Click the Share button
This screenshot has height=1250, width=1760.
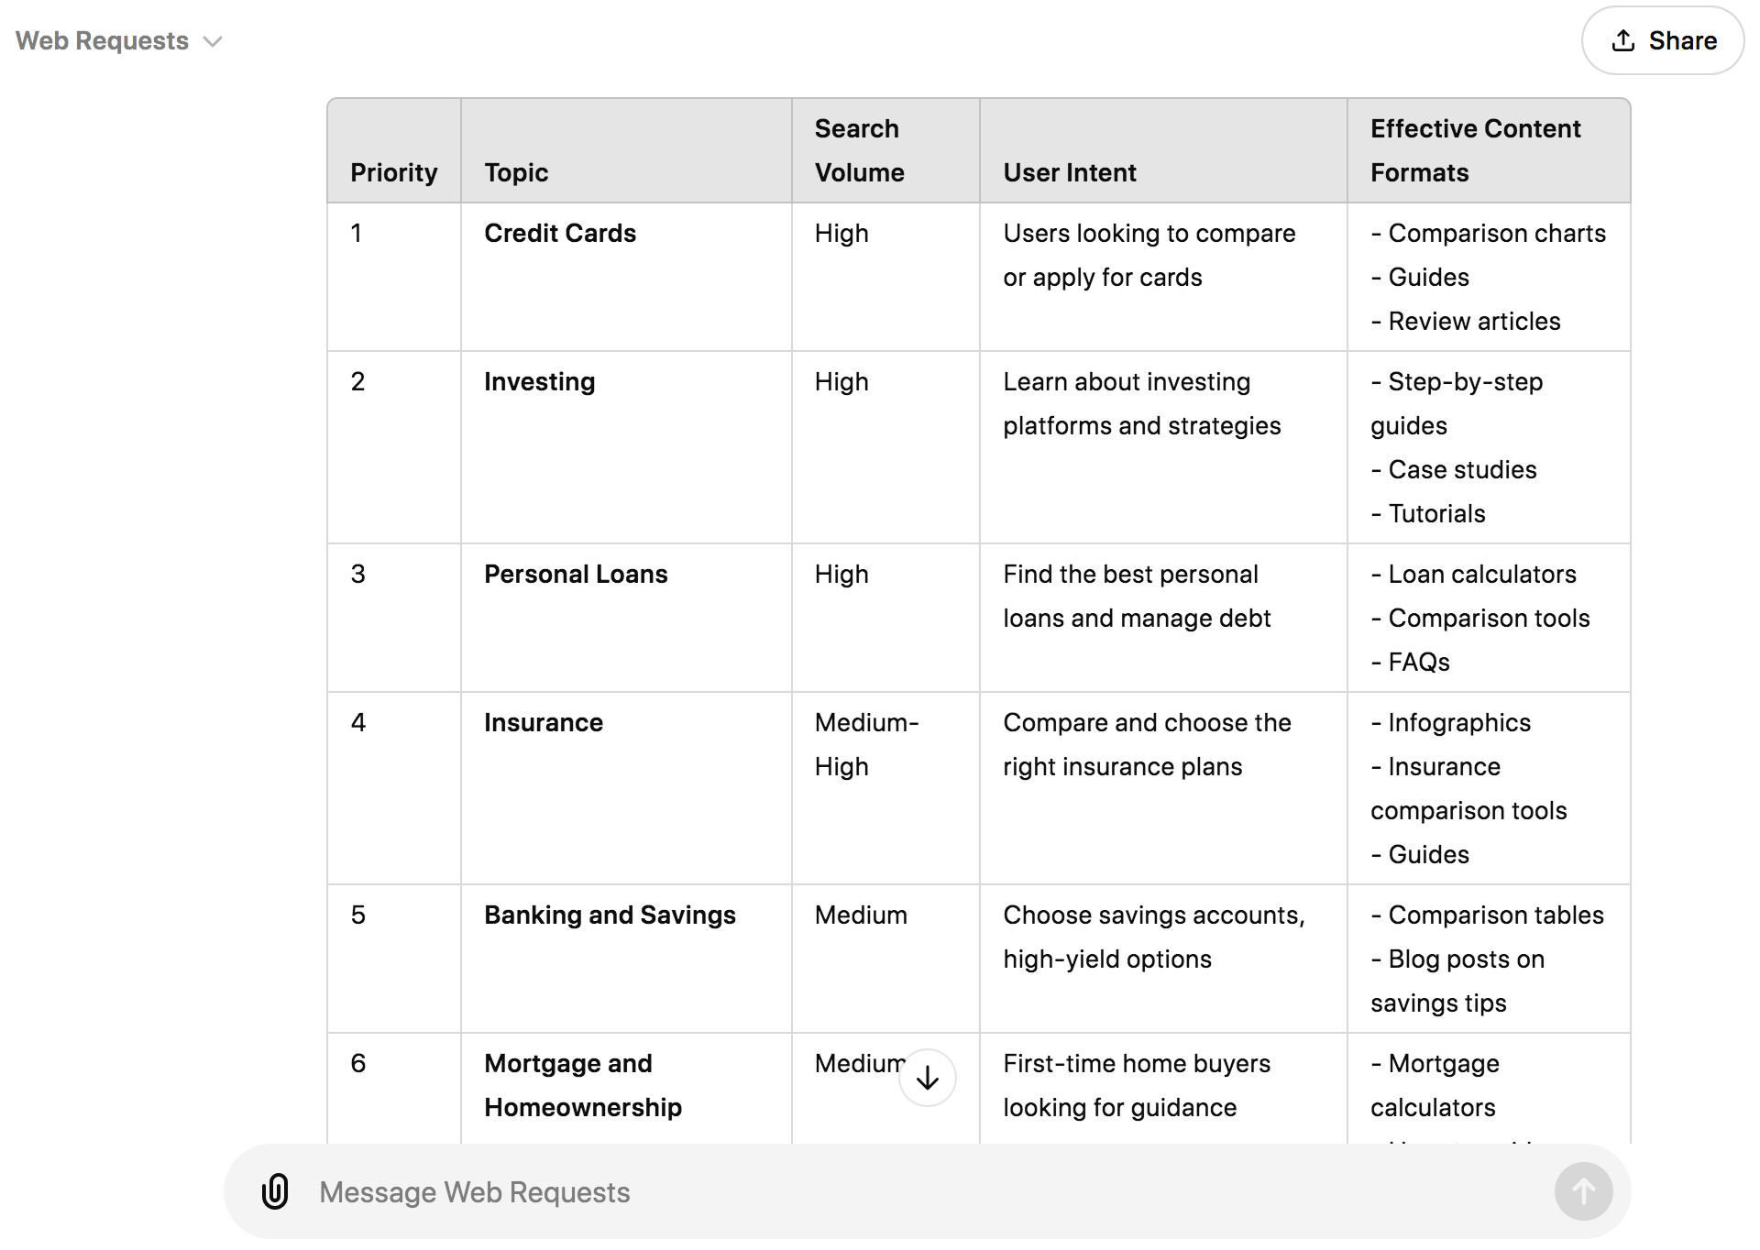point(1663,40)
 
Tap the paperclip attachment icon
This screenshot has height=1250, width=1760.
point(275,1191)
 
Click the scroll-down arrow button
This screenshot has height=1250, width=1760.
point(928,1078)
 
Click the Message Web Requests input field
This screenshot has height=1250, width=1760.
point(917,1191)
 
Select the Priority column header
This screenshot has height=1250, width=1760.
point(394,172)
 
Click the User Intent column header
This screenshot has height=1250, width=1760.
point(1070,172)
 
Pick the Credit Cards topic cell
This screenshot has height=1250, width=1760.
point(560,234)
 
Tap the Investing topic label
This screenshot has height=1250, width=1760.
point(540,382)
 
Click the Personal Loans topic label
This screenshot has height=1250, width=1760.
point(576,575)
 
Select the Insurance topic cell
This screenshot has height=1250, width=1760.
point(544,723)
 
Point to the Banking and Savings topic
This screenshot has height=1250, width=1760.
point(610,916)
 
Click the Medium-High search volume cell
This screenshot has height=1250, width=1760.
point(866,744)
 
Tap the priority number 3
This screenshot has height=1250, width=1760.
point(358,575)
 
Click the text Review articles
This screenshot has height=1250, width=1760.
point(1474,322)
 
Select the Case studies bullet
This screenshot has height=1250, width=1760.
point(1462,470)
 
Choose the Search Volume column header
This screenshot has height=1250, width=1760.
point(859,150)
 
